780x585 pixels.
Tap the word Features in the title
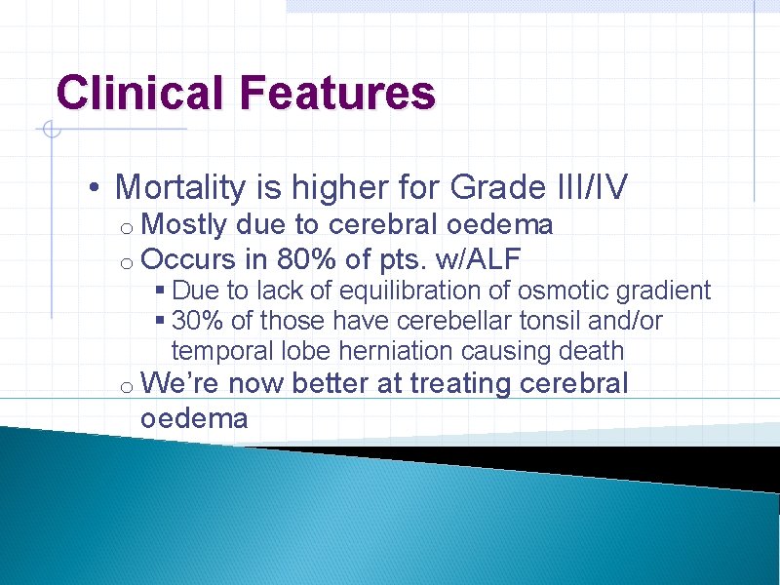(334, 94)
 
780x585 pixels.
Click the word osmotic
(544, 292)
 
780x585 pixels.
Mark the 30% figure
(194, 321)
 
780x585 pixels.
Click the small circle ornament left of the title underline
(51, 129)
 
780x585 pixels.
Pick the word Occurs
(188, 260)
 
